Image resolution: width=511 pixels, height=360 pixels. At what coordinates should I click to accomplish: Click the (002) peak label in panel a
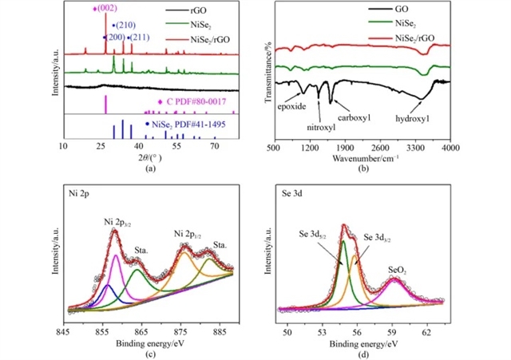[x=106, y=8]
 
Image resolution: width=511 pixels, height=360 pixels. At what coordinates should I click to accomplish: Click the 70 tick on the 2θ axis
[x=215, y=148]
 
